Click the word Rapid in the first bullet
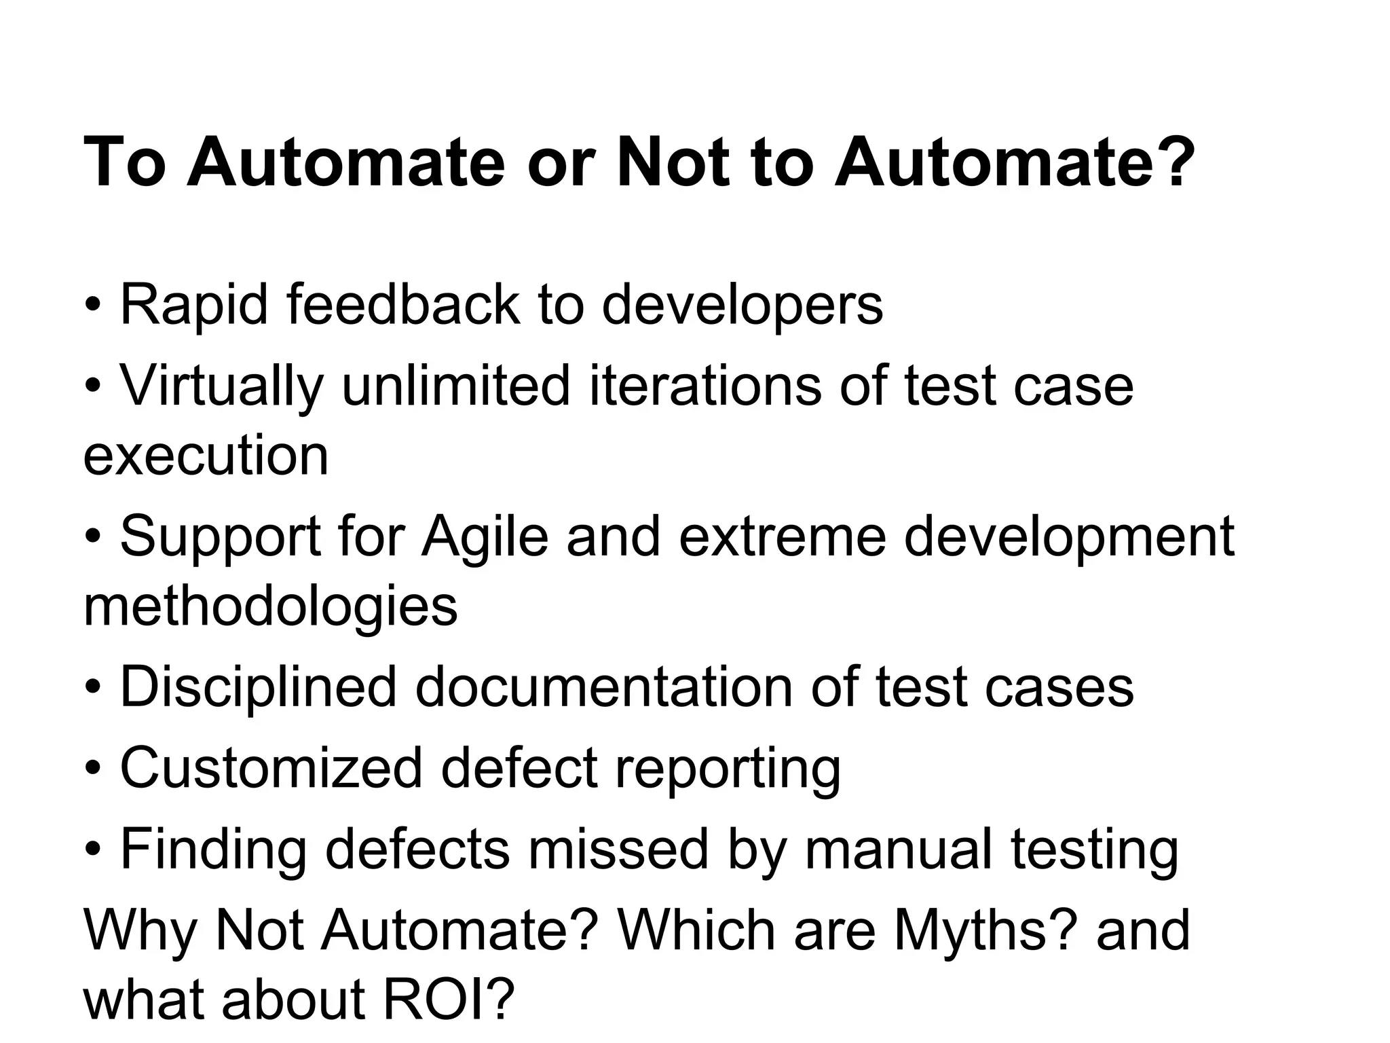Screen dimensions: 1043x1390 point(194,305)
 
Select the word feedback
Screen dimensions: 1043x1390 point(403,305)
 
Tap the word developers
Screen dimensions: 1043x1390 point(743,305)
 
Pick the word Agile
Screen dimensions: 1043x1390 point(485,536)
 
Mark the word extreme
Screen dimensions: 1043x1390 point(782,536)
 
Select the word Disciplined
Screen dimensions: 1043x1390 point(258,687)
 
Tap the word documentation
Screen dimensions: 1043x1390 point(603,687)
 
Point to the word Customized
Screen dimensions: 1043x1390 point(271,768)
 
